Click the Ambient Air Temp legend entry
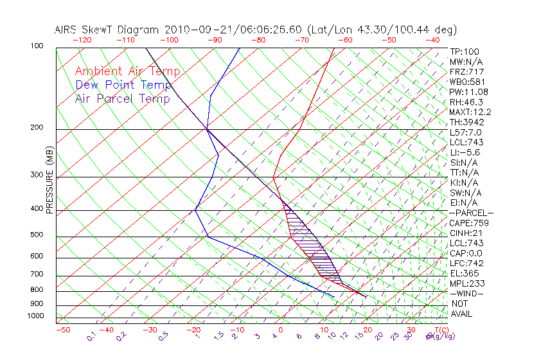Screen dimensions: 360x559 coord(128,71)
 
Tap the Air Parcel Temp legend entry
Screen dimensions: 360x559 coord(123,98)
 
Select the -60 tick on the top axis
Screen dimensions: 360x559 coord(345,40)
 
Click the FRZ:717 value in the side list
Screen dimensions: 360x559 coord(467,71)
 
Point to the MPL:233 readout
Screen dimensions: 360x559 coord(467,283)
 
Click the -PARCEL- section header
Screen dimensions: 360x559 coord(471,213)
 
